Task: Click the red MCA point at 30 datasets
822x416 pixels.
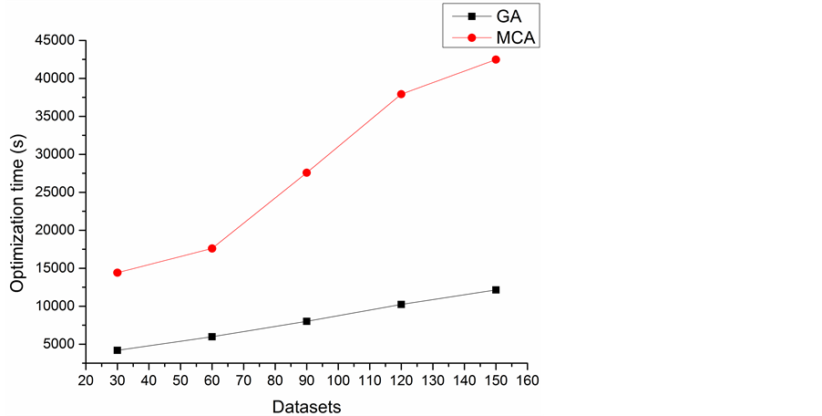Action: [x=118, y=273]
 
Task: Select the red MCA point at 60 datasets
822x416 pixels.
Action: [x=212, y=248]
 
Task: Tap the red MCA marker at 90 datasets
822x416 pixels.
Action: [x=307, y=172]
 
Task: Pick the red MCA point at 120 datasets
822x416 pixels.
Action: [x=401, y=94]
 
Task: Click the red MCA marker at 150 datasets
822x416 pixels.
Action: [x=496, y=59]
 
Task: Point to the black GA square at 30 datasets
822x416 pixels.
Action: [x=118, y=350]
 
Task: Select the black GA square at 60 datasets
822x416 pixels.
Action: [x=212, y=337]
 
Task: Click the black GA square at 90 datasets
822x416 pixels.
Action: [x=307, y=321]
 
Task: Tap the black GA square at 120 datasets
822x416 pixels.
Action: [x=401, y=304]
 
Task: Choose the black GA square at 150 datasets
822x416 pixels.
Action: [x=496, y=289]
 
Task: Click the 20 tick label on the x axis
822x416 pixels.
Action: [x=86, y=380]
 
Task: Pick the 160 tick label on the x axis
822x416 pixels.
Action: [x=527, y=380]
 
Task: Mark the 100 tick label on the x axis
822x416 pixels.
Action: [x=338, y=380]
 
